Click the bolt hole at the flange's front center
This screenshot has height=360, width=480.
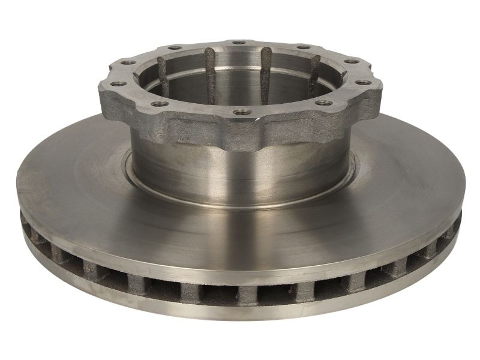[x=241, y=112]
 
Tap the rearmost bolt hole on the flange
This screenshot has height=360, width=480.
[x=239, y=43]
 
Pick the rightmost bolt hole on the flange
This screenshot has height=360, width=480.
[x=363, y=82]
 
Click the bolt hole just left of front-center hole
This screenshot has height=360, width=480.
[x=159, y=104]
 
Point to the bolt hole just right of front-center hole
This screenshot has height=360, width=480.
[x=323, y=103]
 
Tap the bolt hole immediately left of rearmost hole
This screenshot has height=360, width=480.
[x=175, y=47]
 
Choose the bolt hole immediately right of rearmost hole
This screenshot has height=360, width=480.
[x=303, y=47]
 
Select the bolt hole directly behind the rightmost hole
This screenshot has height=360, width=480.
[x=352, y=61]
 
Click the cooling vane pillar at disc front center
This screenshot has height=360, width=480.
[x=246, y=292]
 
